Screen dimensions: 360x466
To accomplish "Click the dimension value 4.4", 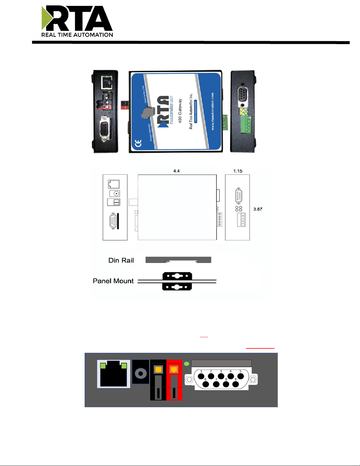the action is (x=176, y=171).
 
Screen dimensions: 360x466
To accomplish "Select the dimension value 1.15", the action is (x=238, y=171).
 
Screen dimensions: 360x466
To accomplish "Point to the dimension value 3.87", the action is (x=258, y=209).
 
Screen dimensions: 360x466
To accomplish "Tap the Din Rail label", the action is (x=121, y=260).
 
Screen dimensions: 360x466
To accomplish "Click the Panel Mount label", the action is (x=113, y=281).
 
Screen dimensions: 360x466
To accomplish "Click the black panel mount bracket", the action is (x=177, y=281).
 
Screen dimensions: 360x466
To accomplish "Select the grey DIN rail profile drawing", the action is (x=178, y=260).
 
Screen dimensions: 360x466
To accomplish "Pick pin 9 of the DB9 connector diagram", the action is (x=235, y=384).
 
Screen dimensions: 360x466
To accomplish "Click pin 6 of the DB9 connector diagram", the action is (x=206, y=384).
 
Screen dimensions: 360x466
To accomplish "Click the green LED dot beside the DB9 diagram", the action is (x=186, y=364).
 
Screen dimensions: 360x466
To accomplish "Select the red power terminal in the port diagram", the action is (x=174, y=380).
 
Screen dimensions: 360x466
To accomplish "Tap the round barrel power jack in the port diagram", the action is (x=140, y=374).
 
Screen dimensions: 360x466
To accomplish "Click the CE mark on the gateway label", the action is (x=138, y=143).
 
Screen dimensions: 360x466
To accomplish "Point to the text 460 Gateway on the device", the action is (x=180, y=111).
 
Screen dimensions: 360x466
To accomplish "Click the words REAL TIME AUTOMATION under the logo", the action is (x=77, y=35).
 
